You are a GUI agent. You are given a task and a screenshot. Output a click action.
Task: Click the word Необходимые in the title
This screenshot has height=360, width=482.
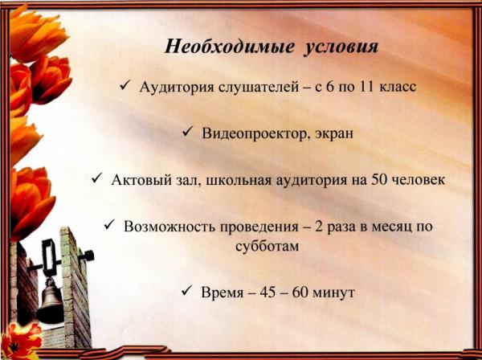(229, 47)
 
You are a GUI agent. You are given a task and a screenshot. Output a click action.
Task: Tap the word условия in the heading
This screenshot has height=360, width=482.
(341, 47)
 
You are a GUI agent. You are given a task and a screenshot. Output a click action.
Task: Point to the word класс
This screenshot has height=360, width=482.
(398, 88)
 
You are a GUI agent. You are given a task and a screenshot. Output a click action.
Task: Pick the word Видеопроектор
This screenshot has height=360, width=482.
(256, 133)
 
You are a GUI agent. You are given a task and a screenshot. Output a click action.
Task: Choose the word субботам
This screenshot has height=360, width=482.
(268, 246)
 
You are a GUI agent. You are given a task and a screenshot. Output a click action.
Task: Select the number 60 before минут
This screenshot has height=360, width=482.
(300, 292)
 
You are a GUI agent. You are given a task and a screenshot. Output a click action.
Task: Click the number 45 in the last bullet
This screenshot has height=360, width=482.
(268, 292)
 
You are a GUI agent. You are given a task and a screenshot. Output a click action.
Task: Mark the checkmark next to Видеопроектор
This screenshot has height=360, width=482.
(187, 133)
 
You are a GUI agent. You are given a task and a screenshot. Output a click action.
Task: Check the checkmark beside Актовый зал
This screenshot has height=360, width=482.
(96, 178)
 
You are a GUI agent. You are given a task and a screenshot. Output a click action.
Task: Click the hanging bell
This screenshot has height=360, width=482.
(50, 303)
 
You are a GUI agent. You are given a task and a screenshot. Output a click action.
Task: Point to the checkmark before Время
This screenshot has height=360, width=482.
(186, 291)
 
